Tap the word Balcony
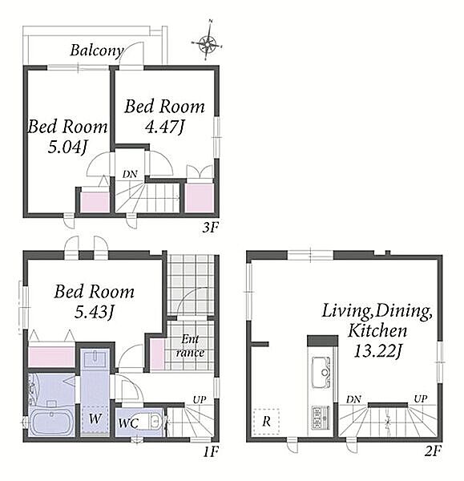point(97,51)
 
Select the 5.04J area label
point(67,148)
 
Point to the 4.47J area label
point(165,127)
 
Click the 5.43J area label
point(95,313)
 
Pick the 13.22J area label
point(377,351)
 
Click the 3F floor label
point(210,228)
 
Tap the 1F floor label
point(211,451)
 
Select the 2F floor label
point(433,451)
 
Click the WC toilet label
point(128,423)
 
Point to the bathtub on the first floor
point(51,422)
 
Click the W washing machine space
point(95,419)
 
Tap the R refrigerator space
point(267,422)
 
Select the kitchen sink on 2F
point(321,372)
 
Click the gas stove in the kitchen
point(321,417)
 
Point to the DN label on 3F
point(130,174)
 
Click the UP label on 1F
point(200,400)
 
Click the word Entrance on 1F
point(190,346)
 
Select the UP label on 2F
point(421,398)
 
